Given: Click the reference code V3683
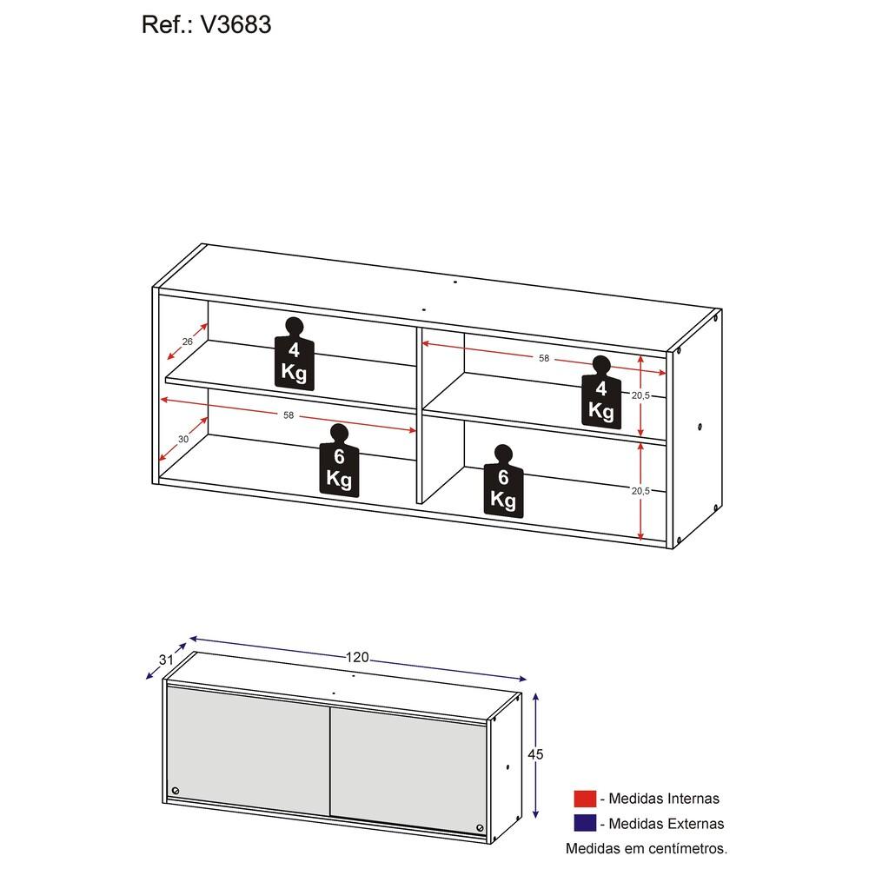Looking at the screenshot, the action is (x=236, y=25).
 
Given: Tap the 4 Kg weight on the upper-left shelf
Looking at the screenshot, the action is (x=295, y=355).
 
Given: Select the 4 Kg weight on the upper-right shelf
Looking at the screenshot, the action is (x=601, y=393).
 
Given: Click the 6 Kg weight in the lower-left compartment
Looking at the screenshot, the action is (x=339, y=461).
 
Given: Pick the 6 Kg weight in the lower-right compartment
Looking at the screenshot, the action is (x=503, y=481).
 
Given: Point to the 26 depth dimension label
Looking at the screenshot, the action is (x=188, y=342).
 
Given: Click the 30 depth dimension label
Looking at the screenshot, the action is (x=182, y=439).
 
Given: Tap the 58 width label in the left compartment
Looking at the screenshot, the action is (x=289, y=415).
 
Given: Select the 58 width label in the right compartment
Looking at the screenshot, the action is (x=544, y=359).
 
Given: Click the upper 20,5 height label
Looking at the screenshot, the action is (x=640, y=395).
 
